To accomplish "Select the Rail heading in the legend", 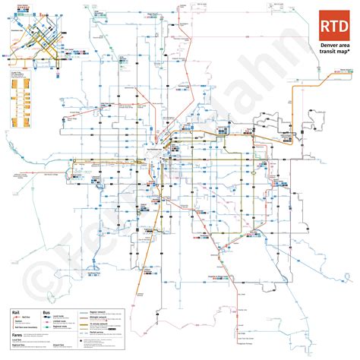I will [14, 312].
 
